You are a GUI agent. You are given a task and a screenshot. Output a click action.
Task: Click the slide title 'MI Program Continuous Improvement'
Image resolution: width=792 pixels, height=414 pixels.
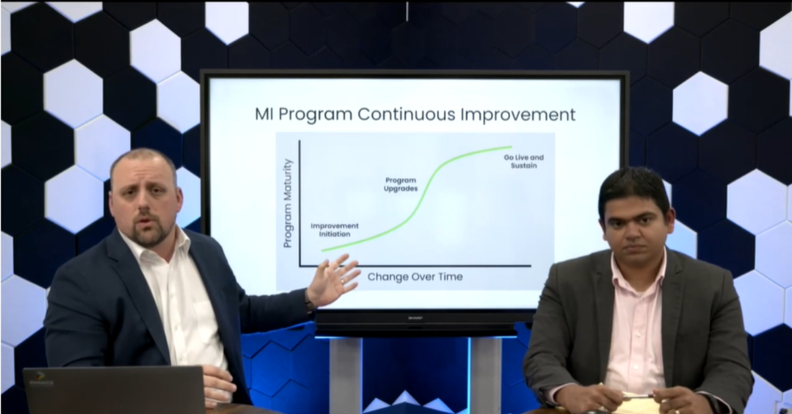click(x=414, y=114)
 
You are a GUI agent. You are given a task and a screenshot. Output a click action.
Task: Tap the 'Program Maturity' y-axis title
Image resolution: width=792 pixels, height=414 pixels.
click(x=288, y=203)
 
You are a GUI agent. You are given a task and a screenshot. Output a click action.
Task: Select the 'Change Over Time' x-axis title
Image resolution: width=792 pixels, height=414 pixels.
click(x=414, y=277)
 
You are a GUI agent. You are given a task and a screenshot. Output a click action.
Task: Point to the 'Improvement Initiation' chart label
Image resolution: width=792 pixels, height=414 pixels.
click(x=335, y=230)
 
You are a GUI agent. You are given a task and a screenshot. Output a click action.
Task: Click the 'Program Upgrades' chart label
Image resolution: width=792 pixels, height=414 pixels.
click(x=401, y=184)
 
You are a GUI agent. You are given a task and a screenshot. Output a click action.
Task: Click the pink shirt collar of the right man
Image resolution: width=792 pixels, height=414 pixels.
click(x=637, y=267)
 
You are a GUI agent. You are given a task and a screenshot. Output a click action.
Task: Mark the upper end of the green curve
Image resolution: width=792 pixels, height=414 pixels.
click(x=510, y=147)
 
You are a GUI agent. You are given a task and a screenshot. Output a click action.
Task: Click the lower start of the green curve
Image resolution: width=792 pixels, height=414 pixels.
click(x=323, y=251)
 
